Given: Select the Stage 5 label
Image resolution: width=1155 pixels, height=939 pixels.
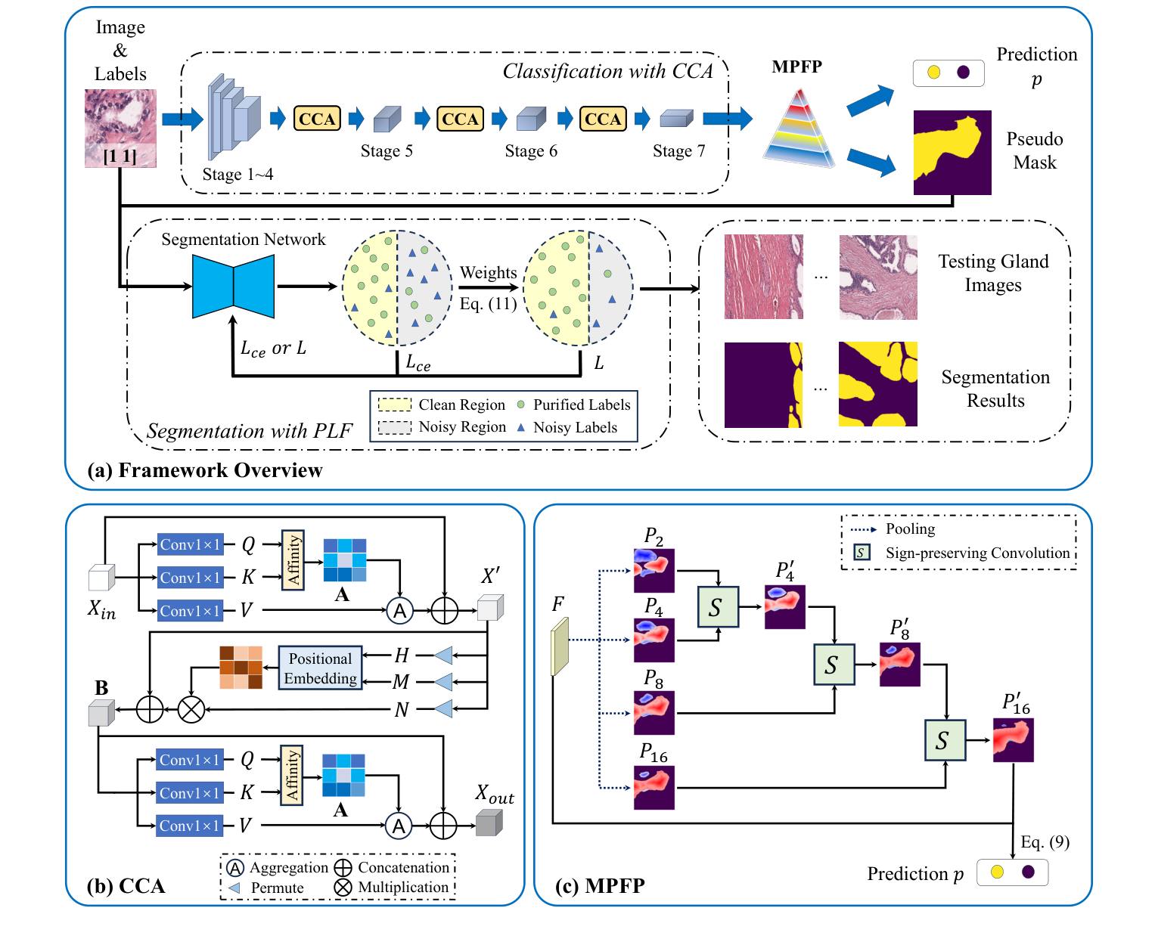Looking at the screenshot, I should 387,151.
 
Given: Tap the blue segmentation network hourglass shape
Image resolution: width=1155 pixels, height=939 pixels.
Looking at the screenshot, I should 233,287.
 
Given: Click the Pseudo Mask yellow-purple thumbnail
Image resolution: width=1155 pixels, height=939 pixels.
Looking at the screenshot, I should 952,153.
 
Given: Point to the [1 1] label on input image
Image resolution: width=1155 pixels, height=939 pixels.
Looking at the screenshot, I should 120,156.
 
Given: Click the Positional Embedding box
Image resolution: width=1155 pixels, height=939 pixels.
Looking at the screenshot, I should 320,668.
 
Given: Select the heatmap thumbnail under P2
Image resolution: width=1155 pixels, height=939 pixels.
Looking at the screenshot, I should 654,570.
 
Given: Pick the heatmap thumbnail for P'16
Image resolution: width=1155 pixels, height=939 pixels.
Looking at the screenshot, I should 1013,739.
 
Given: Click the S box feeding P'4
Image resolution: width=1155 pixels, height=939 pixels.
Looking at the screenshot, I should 717,606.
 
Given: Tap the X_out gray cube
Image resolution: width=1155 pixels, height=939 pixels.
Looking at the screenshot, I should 489,823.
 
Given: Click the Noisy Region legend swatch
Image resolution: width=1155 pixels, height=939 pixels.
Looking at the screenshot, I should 394,427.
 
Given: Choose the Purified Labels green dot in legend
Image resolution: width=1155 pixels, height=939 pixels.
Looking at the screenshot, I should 520,404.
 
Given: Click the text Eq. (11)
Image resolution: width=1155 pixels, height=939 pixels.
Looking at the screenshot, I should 488,304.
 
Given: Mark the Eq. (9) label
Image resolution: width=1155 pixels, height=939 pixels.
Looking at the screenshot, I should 1045,842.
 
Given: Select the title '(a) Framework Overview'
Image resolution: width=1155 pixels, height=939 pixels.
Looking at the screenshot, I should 205,470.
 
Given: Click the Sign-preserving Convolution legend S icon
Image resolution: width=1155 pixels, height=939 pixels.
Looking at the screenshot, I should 861,553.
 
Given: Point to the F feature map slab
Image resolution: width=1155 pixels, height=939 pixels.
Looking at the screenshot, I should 559,646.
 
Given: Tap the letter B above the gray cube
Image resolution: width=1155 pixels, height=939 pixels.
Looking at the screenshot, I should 101,688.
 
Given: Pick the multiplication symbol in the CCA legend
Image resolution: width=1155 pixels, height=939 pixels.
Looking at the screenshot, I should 343,888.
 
